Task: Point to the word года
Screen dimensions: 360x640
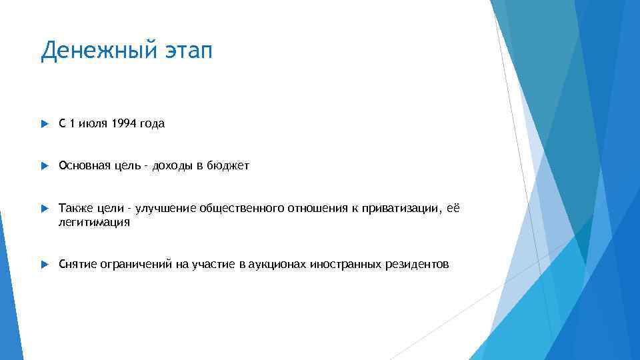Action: tap(151, 123)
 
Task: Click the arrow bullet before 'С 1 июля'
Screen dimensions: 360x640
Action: tap(44, 124)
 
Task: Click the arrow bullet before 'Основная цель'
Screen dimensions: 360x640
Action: tap(44, 166)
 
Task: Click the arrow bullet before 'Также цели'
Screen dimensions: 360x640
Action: tap(44, 209)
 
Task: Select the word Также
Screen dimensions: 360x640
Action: tap(73, 209)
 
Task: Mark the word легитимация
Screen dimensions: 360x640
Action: tap(94, 223)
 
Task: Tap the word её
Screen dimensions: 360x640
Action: tap(454, 209)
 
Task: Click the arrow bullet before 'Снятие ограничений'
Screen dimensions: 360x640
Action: tap(44, 265)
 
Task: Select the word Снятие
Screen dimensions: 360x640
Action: tap(77, 265)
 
